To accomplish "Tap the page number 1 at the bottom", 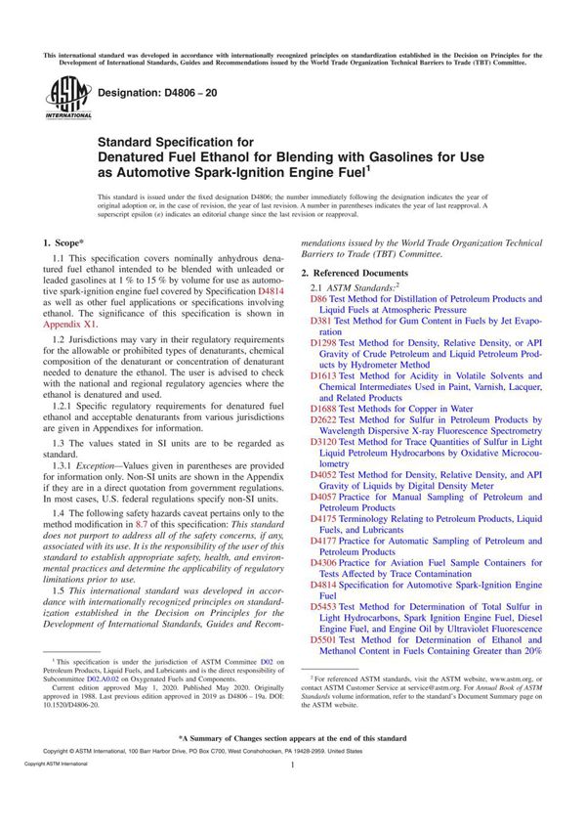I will coord(293,794).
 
